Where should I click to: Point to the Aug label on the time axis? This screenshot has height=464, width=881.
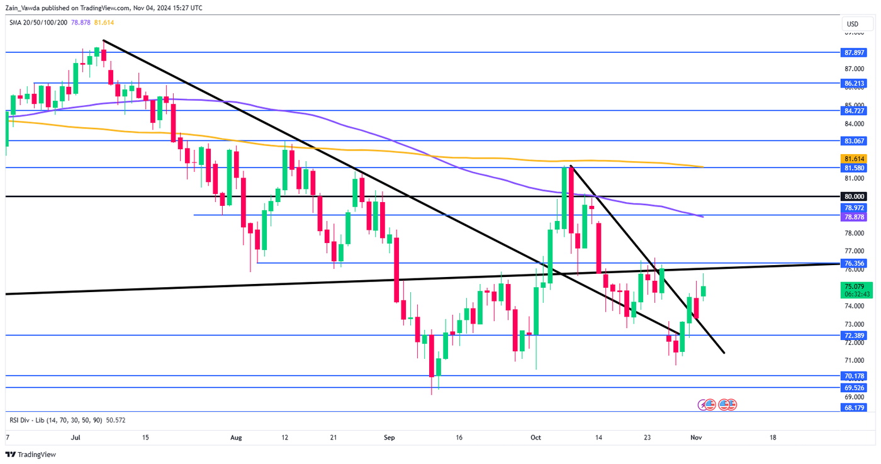pyautogui.click(x=236, y=437)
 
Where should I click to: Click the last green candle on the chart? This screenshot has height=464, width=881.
pyautogui.click(x=704, y=291)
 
